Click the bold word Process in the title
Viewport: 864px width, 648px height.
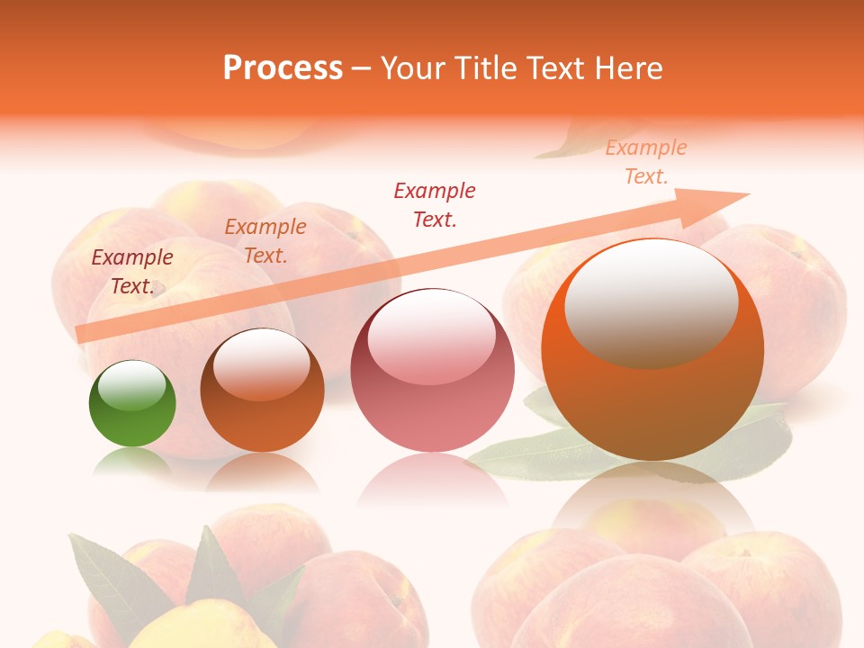pos(283,68)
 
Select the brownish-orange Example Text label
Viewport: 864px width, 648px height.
pos(265,241)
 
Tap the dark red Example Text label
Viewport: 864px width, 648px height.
pos(435,204)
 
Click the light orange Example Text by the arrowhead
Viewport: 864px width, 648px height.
pos(646,162)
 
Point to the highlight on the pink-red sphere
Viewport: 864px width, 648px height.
pos(432,337)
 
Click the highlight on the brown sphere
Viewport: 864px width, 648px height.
pos(262,363)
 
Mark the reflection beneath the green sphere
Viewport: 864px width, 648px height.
pos(132,461)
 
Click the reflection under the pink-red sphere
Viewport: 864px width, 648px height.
pos(432,481)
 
